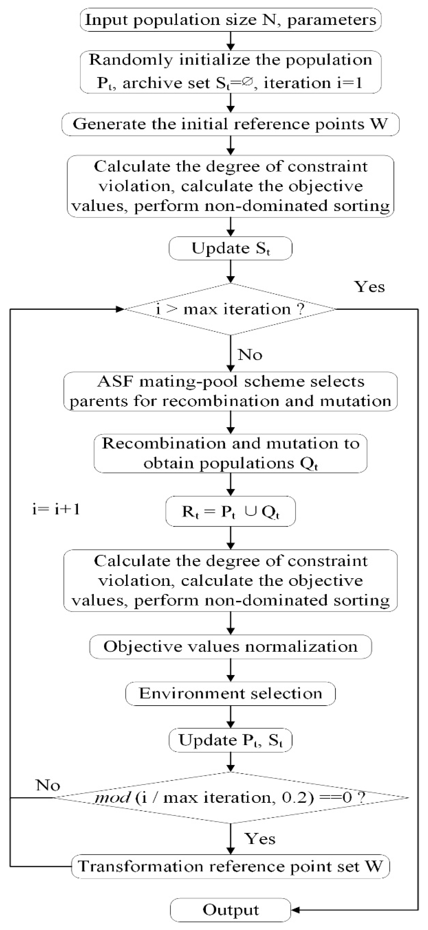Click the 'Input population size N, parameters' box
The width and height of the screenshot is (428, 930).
[230, 20]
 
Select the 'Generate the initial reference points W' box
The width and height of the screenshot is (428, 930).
[230, 124]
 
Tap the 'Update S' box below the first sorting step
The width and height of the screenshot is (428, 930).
[230, 248]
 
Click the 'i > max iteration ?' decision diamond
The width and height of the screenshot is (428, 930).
[230, 309]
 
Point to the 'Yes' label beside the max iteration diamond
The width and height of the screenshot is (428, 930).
[369, 287]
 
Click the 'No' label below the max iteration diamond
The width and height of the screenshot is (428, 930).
[250, 355]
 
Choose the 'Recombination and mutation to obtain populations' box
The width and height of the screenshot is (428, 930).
[230, 453]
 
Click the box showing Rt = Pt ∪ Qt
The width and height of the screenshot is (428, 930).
[230, 512]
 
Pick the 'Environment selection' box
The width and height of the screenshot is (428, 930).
[230, 694]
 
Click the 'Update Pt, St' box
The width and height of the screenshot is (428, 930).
[230, 740]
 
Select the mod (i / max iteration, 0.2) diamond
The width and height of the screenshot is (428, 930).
[230, 797]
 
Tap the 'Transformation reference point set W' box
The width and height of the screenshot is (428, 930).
[230, 866]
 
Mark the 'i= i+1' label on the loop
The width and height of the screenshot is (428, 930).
[56, 509]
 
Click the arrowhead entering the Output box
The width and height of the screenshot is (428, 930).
[295, 910]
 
